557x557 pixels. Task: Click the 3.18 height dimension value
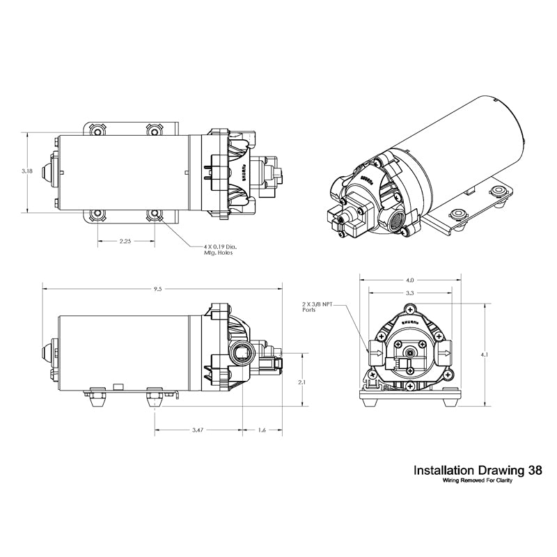coord(26,171)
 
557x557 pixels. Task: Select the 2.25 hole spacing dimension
coord(125,242)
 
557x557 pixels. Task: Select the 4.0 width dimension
coord(411,281)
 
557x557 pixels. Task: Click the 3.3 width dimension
coord(410,293)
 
